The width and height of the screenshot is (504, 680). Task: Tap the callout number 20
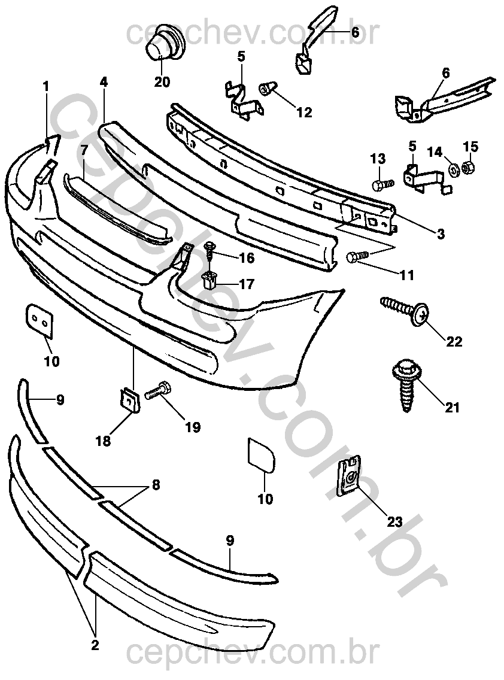point(162,82)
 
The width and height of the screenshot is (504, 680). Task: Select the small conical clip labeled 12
point(268,90)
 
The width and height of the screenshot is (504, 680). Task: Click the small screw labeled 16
point(210,250)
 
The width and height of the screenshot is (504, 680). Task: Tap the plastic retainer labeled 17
point(210,278)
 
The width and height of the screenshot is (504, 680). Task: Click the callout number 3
point(441,234)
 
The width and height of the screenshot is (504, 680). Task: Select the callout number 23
point(394,521)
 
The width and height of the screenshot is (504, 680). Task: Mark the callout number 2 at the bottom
point(95,645)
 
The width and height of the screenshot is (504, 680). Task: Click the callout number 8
point(156,485)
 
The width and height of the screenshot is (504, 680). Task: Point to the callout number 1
point(45,87)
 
